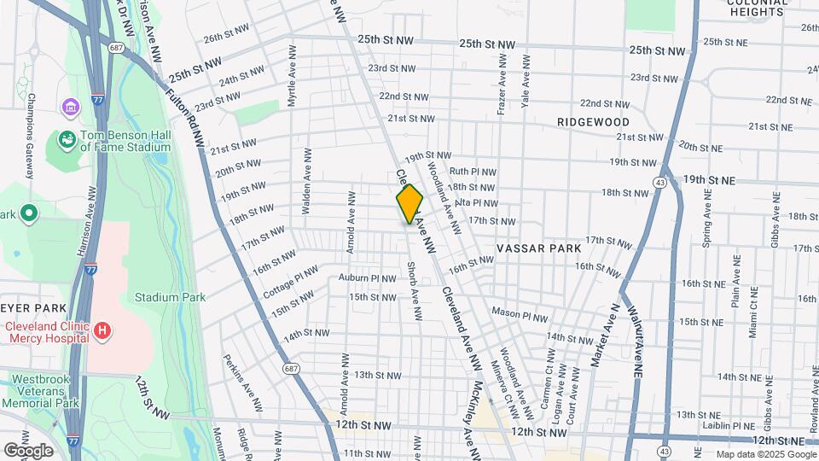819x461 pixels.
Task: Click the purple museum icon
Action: pyautogui.click(x=69, y=108)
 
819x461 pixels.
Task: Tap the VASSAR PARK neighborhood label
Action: pyautogui.click(x=538, y=248)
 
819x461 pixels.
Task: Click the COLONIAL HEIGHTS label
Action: pyautogui.click(x=756, y=8)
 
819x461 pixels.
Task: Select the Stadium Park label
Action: pyautogui.click(x=171, y=298)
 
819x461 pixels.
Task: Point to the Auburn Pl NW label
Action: pyautogui.click(x=368, y=278)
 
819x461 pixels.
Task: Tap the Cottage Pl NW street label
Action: pyautogui.click(x=291, y=281)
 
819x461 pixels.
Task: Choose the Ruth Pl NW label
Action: pyautogui.click(x=473, y=172)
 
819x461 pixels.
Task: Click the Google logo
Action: pyautogui.click(x=28, y=451)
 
